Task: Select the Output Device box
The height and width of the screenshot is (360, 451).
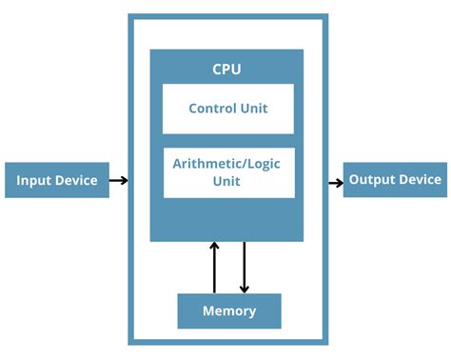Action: click(x=395, y=180)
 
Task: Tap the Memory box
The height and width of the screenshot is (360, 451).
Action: click(x=229, y=310)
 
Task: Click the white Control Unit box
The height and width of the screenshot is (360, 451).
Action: click(x=227, y=109)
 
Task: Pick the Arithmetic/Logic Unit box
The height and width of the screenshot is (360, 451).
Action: click(x=227, y=172)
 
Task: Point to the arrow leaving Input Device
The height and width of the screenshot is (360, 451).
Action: click(x=118, y=180)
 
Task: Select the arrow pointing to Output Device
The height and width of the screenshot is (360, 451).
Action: click(x=336, y=181)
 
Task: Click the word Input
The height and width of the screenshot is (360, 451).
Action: click(x=34, y=181)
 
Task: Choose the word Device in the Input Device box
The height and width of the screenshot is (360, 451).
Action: click(x=75, y=181)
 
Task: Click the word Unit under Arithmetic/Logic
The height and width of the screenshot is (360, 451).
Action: click(x=227, y=182)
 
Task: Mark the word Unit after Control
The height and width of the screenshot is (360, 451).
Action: click(x=253, y=109)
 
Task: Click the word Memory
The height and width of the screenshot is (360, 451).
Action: click(x=229, y=311)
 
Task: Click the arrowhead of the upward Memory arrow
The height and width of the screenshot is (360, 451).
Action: click(x=214, y=247)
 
